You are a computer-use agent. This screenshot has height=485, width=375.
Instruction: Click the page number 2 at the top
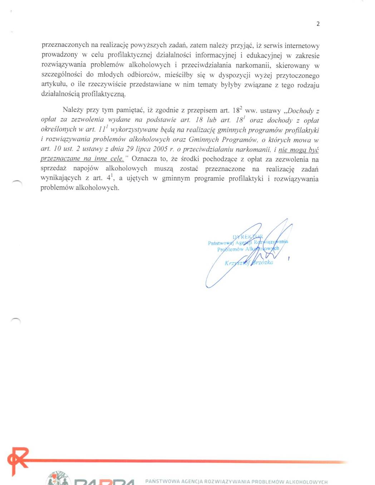click(x=318, y=24)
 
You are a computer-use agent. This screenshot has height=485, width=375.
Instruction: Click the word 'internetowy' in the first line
click(x=302, y=46)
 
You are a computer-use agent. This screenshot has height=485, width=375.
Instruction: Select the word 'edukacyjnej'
click(x=264, y=55)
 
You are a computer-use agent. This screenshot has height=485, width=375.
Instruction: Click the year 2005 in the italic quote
click(x=161, y=149)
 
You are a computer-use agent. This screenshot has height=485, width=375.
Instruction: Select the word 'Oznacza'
click(x=144, y=159)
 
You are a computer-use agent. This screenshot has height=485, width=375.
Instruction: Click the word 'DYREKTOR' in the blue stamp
click(x=248, y=237)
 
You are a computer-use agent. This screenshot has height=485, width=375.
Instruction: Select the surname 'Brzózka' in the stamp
click(x=262, y=262)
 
